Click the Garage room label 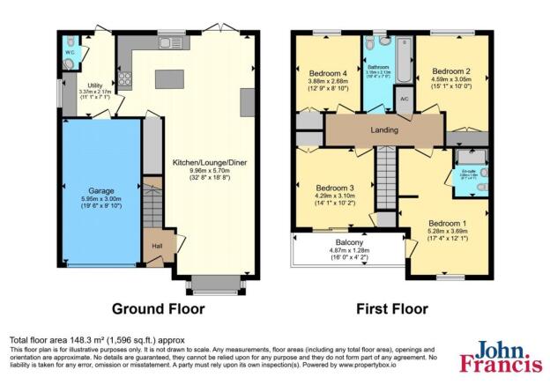click(100, 189)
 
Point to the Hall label click(157, 247)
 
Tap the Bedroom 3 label click(335, 188)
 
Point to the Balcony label click(350, 243)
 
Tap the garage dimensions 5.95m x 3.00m click(100, 200)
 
